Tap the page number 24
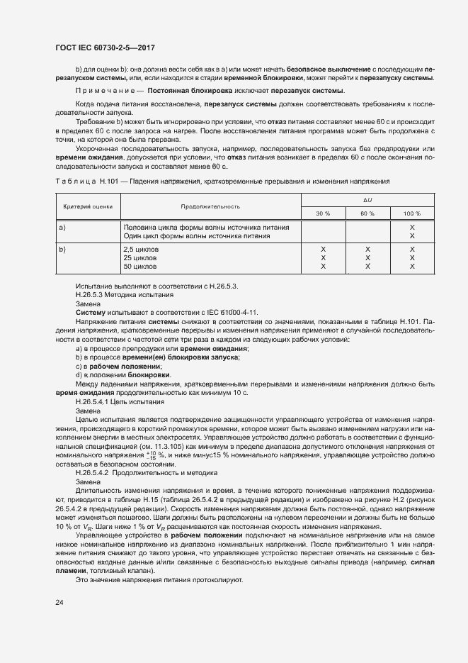59,602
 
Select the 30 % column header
323,213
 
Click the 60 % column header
367,213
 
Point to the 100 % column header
411,213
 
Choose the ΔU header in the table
367,199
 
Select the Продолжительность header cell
210,206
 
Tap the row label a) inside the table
62,227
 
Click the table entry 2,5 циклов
141,250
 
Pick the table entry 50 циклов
140,266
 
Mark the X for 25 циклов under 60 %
367,258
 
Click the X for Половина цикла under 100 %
411,227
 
